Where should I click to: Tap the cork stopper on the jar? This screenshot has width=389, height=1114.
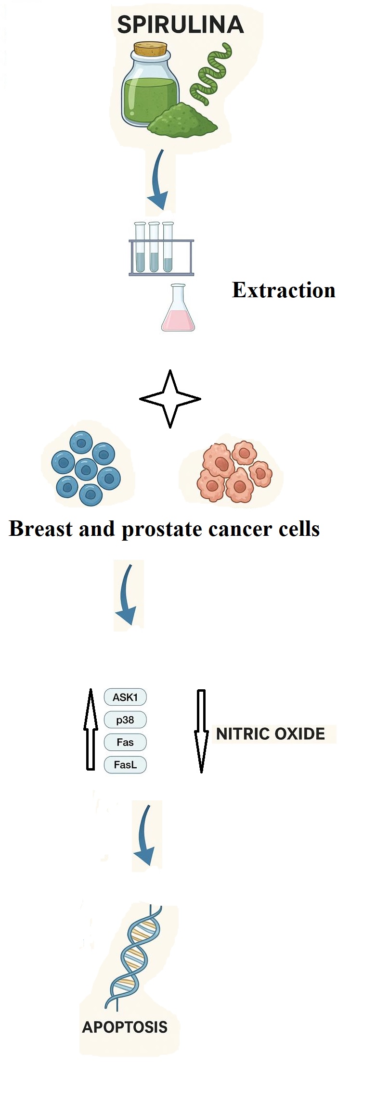150,49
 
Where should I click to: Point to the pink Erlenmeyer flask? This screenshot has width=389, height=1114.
178,310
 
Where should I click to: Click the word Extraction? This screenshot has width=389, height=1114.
284,291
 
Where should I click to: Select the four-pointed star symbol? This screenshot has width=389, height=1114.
170,399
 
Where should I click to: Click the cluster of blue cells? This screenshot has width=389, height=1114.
87,468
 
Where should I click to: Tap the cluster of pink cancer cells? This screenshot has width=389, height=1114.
234,472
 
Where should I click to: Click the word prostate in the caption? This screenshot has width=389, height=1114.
162,529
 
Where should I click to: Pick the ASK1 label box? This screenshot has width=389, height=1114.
125,697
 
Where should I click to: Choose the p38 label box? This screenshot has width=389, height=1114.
125,720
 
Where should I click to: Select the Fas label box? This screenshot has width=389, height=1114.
125,742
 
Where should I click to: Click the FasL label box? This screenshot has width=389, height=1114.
125,764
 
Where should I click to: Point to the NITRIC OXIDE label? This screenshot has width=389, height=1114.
271,734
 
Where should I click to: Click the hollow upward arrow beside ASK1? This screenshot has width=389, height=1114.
91,729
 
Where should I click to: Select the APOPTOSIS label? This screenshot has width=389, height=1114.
125,1027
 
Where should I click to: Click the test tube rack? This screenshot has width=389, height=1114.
161,250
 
